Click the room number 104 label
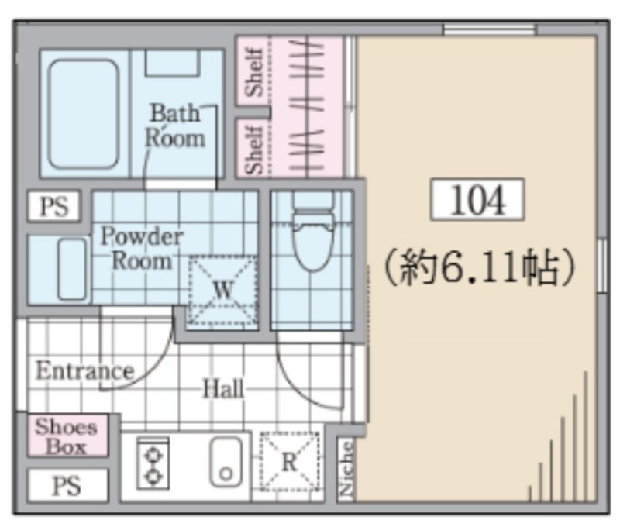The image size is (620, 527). [477, 199]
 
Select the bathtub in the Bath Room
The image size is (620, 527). [84, 114]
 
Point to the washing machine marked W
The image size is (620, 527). [222, 291]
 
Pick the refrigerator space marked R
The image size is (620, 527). [289, 461]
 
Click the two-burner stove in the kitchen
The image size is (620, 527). [153, 463]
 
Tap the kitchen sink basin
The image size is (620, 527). [226, 462]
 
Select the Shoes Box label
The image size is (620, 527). [67, 437]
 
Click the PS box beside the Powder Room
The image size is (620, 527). [54, 206]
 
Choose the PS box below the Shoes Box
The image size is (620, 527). [67, 485]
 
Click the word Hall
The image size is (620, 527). [223, 388]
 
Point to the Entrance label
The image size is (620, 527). [85, 370]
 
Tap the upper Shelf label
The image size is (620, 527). [253, 71]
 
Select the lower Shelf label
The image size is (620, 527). [253, 150]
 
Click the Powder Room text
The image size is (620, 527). [142, 249]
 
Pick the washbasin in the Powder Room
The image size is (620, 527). [71, 269]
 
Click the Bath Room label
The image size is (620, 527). [175, 126]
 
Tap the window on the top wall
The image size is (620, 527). [489, 30]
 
